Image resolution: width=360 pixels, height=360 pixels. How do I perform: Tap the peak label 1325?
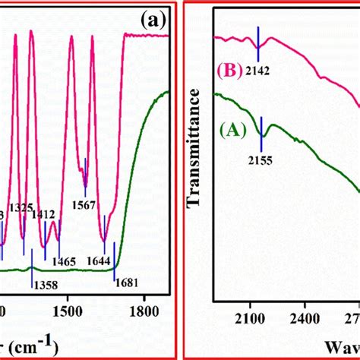point(24,207)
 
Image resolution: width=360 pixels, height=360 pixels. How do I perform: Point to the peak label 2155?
point(262,159)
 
